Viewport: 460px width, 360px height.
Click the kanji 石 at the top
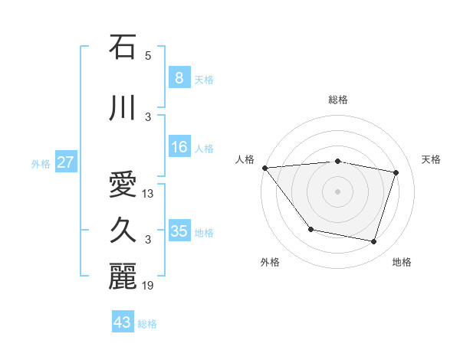123,47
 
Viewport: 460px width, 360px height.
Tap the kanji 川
123,108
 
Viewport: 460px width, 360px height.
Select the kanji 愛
123,185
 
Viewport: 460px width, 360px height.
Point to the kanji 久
123,231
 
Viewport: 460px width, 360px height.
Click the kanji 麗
123,277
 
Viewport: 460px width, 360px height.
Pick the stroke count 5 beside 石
148,56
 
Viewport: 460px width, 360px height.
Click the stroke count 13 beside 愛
149,194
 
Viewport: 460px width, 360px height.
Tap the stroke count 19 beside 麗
149,286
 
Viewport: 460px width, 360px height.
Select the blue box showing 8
179,78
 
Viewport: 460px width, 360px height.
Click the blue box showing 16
179,147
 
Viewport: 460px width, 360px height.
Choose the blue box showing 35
179,231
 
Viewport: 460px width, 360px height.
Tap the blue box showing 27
66,162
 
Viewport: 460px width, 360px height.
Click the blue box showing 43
122,322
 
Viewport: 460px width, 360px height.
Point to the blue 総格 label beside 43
147,324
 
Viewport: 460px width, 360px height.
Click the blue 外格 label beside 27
41,163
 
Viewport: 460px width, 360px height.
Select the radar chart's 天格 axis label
432,159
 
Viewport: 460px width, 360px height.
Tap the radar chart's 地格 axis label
402,263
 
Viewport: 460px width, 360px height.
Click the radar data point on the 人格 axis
264,168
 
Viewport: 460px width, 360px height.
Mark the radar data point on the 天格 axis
396,172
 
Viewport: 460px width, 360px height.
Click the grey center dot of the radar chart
337,191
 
